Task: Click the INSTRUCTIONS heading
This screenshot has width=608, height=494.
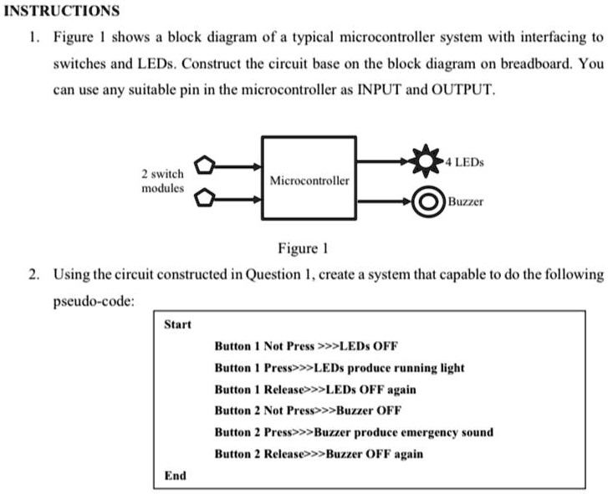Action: [x=63, y=11]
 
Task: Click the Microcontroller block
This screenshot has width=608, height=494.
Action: [x=309, y=179]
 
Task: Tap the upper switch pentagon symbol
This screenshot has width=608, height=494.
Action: [x=205, y=166]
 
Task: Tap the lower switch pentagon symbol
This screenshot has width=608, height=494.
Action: [x=205, y=198]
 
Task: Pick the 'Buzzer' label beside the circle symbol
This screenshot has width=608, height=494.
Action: [x=466, y=201]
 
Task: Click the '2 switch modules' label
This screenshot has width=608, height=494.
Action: [x=162, y=181]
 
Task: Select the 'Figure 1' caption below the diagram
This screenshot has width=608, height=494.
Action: [x=303, y=247]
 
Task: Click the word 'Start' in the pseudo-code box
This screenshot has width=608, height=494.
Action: [x=177, y=324]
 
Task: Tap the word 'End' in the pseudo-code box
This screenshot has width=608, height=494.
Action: [x=175, y=475]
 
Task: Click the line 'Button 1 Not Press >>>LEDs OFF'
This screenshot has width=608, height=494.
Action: [x=306, y=345]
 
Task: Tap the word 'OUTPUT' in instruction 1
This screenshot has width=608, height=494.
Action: [x=459, y=89]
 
